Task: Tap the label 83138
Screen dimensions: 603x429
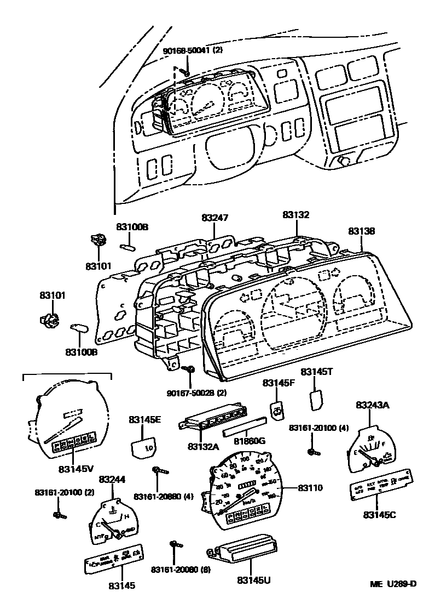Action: (362, 232)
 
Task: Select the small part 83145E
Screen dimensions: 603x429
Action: (144, 446)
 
